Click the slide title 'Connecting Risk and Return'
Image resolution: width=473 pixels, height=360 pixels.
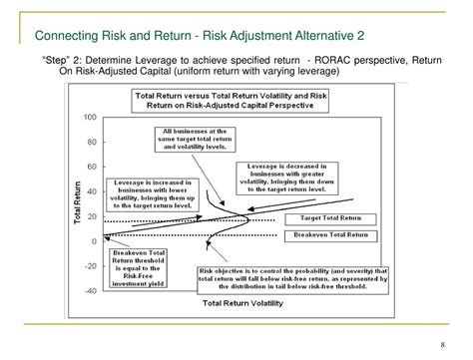click(x=109, y=37)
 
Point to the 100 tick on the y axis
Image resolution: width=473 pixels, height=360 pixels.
click(x=90, y=117)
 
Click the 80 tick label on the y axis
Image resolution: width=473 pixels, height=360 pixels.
click(x=92, y=142)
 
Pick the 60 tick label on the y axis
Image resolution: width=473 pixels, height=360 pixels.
click(x=92, y=167)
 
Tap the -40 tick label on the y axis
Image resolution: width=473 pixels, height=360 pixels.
click(x=91, y=291)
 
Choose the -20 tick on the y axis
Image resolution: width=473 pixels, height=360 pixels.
click(x=91, y=266)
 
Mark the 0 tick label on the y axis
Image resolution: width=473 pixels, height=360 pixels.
click(x=94, y=241)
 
